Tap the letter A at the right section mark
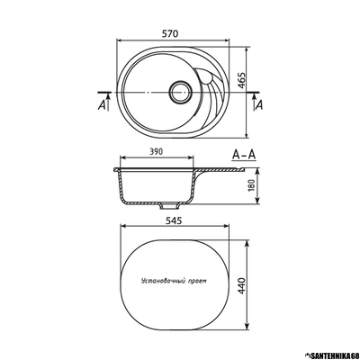(x=259, y=105)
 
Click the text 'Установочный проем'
(x=174, y=282)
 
